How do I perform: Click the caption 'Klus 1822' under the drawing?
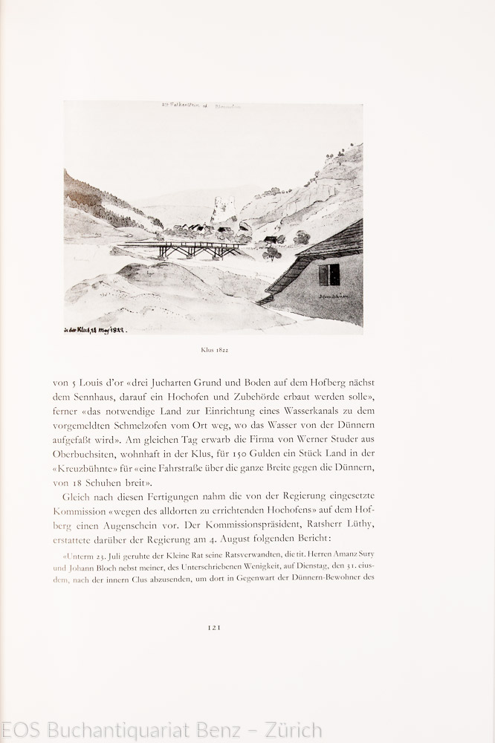[213, 348]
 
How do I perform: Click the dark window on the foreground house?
[329, 275]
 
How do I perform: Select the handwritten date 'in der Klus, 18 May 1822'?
[95, 325]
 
